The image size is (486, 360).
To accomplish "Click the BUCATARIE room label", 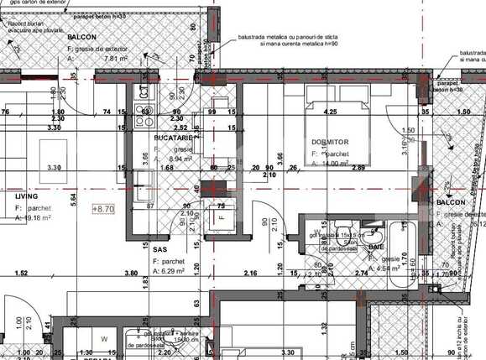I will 175,137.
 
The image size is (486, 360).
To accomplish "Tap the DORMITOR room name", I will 329,142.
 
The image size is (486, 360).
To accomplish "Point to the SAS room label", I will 160,249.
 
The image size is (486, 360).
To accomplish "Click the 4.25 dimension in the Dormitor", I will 331,111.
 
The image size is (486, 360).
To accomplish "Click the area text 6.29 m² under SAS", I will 174,271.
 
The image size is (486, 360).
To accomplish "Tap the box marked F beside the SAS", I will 222,216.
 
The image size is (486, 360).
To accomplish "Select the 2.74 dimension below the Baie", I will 363,274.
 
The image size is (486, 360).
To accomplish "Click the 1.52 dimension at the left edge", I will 20,274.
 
